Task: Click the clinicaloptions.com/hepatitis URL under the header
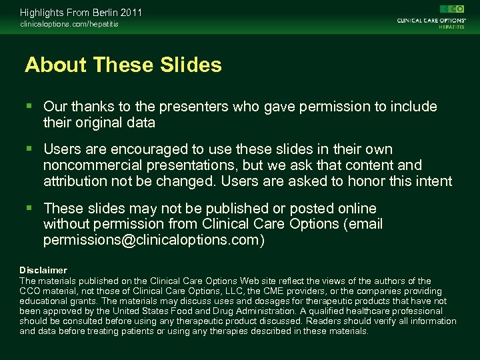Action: pos(69,25)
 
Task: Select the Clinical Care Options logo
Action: pos(431,16)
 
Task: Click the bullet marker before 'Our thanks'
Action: pos(29,107)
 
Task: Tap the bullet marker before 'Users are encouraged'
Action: pos(29,149)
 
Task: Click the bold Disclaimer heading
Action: pos(43,270)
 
